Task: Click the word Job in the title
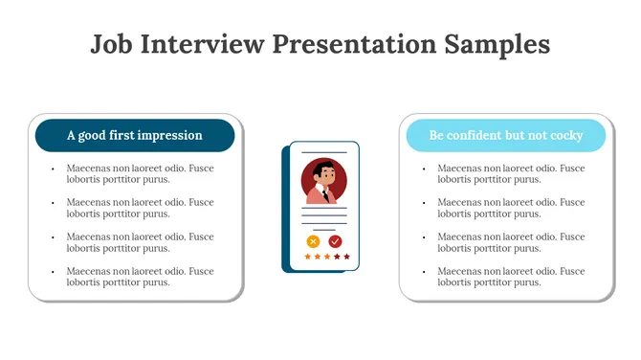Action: coord(111,45)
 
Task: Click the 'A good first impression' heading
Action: coord(135,136)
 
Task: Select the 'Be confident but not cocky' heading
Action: coord(505,136)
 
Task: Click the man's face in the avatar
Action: coord(326,177)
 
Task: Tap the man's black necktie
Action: coord(326,194)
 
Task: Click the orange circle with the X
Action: coord(313,241)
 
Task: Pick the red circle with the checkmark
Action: coord(335,241)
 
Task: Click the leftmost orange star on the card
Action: coord(307,257)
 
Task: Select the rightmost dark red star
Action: coord(346,257)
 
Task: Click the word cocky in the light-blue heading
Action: coord(565,136)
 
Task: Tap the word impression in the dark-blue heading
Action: coord(170,136)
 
